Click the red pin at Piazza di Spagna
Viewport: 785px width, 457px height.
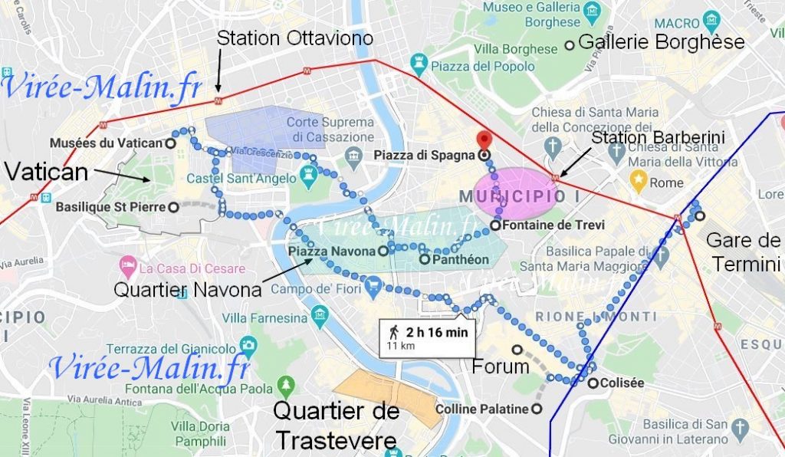pos(483,140)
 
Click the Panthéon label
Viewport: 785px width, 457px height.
pos(459,259)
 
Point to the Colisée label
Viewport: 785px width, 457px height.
pos(622,383)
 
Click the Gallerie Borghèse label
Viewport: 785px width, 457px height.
pos(662,42)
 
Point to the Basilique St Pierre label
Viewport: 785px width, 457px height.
pos(110,206)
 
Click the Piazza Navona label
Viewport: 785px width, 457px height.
pos(332,251)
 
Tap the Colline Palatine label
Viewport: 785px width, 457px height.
pos(481,409)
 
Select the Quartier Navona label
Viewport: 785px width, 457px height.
pos(189,290)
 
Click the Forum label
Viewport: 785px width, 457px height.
pos(500,366)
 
